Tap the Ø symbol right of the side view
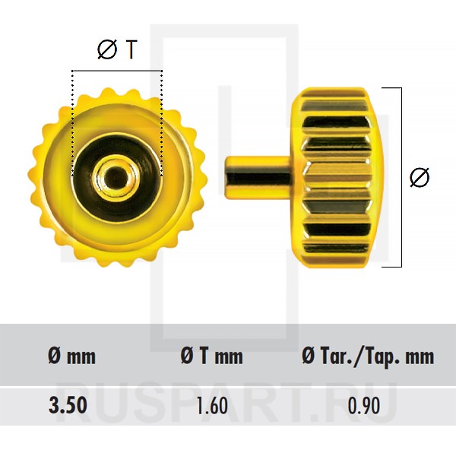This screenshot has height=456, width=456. tap(420, 177)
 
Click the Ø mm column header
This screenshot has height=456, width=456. tap(72, 356)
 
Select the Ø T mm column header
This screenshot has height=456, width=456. tap(211, 356)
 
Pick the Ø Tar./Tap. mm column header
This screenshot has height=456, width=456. tap(368, 356)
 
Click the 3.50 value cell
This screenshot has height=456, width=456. tap(68, 405)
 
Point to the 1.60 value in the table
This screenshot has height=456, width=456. tap(212, 406)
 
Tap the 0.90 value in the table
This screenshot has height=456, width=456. tap(364, 406)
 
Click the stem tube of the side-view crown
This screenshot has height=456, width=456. tap(258, 177)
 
